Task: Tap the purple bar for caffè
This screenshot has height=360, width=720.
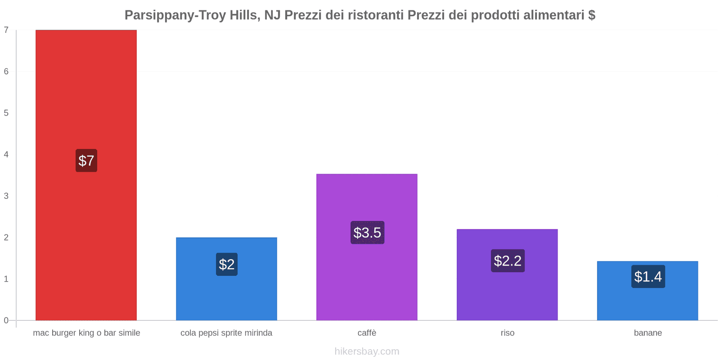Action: [x=367, y=198]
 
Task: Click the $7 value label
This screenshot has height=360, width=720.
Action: [x=86, y=161]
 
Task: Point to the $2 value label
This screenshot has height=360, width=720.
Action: [x=226, y=264]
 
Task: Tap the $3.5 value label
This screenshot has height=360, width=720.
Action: [x=367, y=233]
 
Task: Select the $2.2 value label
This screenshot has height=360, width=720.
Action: [x=508, y=261]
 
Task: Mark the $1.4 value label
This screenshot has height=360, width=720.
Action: [x=648, y=276]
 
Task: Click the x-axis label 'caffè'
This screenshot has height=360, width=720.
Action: [x=367, y=333]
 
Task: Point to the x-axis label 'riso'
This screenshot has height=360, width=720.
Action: [x=507, y=333]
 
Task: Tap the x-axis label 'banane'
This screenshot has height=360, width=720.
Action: [x=648, y=333]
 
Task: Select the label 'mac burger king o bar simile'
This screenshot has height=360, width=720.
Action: [x=86, y=333]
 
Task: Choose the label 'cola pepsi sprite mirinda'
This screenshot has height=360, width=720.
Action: [x=226, y=333]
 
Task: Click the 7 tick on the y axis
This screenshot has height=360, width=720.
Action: [x=6, y=30]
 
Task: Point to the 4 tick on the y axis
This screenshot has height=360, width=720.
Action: [x=6, y=154]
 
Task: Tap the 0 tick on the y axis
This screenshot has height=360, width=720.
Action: [x=6, y=320]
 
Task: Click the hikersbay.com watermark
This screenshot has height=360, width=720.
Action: [x=367, y=351]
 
